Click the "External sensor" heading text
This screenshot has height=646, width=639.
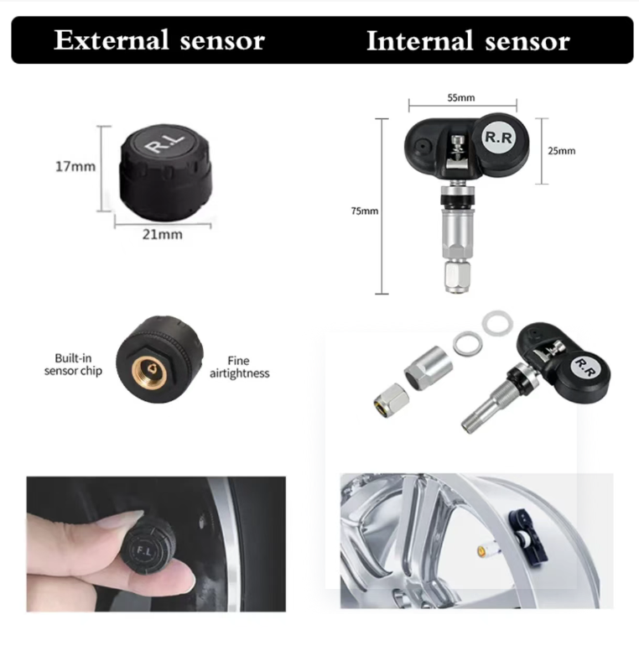click(159, 40)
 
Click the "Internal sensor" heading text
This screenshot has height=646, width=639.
click(468, 41)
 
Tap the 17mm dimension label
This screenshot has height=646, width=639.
click(75, 166)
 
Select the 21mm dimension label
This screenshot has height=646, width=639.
click(162, 234)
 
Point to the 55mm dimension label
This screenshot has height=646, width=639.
click(461, 97)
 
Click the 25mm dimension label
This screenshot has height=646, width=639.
click(562, 151)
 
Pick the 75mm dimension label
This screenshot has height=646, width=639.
click(365, 211)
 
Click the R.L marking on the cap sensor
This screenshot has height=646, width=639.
click(164, 142)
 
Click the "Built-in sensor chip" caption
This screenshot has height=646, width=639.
click(73, 364)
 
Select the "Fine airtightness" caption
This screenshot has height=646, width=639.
click(239, 367)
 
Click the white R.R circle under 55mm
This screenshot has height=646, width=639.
click(499, 138)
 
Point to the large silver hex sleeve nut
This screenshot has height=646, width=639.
click(429, 368)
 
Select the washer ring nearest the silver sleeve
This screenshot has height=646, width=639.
click(468, 344)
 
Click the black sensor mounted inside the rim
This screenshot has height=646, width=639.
click(527, 536)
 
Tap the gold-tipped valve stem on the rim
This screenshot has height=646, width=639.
click(488, 550)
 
